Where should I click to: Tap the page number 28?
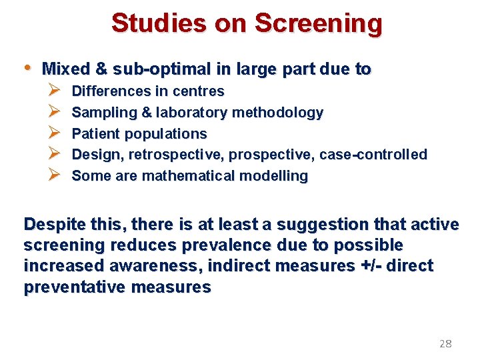[x=445, y=344]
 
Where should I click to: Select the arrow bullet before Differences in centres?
[x=55, y=91]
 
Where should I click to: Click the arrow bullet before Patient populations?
[x=55, y=133]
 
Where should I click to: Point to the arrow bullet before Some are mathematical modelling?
[x=55, y=176]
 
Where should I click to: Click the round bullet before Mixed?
[x=27, y=68]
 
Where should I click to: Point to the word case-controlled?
[x=373, y=155]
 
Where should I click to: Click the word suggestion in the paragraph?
[x=331, y=225]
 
